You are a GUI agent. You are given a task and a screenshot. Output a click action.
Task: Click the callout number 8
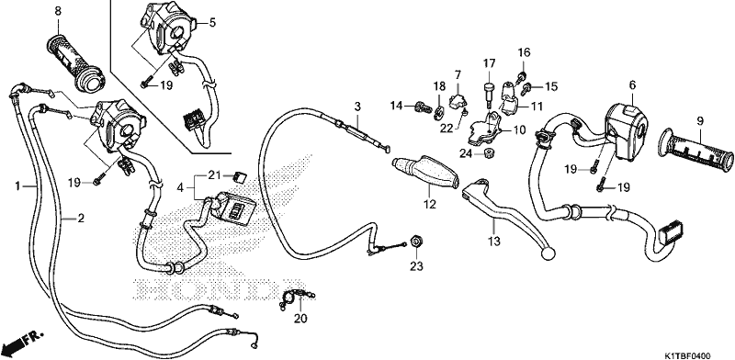pyautogui.click(x=58, y=11)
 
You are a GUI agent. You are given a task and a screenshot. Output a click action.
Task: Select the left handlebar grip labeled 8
pyautogui.click(x=77, y=62)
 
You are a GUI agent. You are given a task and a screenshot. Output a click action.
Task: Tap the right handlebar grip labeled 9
pyautogui.click(x=695, y=148)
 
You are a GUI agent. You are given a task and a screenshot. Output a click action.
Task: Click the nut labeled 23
pyautogui.click(x=416, y=242)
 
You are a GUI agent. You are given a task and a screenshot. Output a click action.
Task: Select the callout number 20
pyautogui.click(x=300, y=319)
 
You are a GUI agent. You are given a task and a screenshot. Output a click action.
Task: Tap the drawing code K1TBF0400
pyautogui.click(x=686, y=355)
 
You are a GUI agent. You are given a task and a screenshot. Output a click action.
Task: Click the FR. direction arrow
pyautogui.click(x=22, y=343)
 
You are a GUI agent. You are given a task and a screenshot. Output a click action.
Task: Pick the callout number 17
pyautogui.click(x=489, y=63)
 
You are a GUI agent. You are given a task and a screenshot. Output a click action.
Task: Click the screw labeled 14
pyautogui.click(x=423, y=107)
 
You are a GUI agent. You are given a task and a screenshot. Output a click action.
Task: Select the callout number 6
pyautogui.click(x=632, y=84)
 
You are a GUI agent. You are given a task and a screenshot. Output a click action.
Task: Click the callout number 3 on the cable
pyautogui.click(x=357, y=107)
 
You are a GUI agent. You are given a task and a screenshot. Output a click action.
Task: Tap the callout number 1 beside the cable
pyautogui.click(x=17, y=186)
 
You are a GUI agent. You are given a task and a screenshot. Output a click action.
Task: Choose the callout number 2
pyautogui.click(x=81, y=218)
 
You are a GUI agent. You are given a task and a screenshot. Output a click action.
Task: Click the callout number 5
pyautogui.click(x=212, y=22)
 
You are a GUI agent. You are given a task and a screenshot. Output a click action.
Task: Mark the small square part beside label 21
pyautogui.click(x=240, y=177)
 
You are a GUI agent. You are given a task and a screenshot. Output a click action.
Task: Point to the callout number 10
pyautogui.click(x=519, y=129)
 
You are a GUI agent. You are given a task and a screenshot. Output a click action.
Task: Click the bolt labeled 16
pyautogui.click(x=521, y=75)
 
